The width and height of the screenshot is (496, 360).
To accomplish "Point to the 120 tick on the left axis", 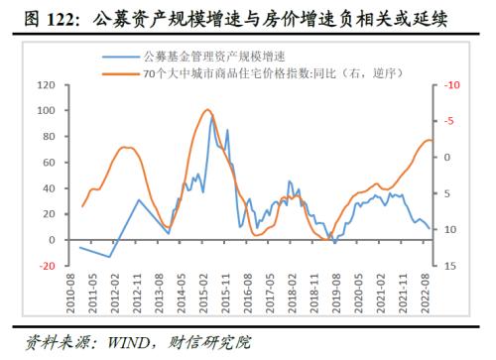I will (45, 85).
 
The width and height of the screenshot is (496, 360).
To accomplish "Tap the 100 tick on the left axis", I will (45, 111).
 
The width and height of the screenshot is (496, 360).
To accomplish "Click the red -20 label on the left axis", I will (45, 266).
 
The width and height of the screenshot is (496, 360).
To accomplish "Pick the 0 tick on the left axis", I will (51, 240).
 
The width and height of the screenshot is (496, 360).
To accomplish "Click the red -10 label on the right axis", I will (452, 85).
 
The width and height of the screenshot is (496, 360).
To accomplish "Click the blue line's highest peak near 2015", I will (211, 117).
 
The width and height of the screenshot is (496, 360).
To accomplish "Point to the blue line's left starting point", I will (80, 247).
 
